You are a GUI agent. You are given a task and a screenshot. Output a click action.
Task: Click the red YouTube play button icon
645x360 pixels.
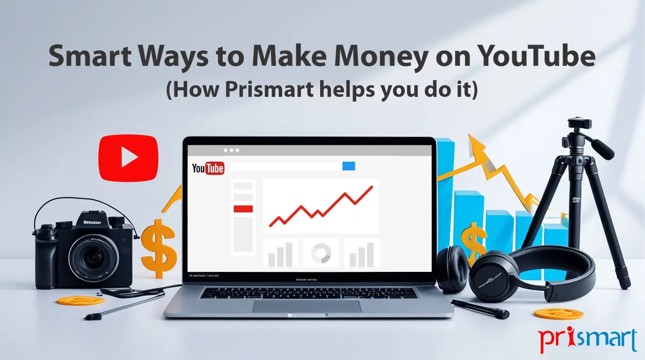[128, 157]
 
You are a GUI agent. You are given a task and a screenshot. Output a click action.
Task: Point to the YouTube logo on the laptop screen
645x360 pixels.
[208, 168]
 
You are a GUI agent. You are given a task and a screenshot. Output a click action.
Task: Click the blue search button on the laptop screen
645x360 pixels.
[349, 166]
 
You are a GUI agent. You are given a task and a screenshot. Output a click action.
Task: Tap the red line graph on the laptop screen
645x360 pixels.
[322, 206]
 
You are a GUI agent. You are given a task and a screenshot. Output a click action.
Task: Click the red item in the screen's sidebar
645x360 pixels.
[243, 209]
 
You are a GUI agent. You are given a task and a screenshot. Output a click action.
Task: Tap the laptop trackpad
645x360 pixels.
[307, 306]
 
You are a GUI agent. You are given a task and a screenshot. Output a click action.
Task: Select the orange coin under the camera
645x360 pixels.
[80, 300]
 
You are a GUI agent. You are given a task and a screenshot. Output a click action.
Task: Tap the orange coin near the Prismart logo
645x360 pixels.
[558, 314]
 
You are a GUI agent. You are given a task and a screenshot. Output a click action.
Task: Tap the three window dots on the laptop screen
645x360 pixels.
[231, 150]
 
